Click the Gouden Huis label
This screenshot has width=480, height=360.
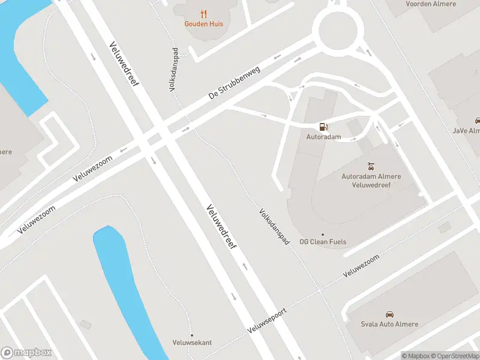203,24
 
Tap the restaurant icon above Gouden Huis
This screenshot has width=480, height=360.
203,13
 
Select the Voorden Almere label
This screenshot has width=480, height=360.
431,4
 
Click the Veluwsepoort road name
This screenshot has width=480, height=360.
268,322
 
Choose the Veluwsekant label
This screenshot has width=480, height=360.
192,343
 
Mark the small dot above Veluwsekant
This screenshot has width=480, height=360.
192,335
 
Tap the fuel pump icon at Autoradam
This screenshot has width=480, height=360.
323,127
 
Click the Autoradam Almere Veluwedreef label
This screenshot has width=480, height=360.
371,181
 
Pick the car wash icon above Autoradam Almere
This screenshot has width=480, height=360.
371,165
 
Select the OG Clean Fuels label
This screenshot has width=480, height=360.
323,242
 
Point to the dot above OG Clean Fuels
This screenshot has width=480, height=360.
323,234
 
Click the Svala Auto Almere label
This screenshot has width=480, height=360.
389,325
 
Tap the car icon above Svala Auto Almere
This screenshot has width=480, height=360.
389,314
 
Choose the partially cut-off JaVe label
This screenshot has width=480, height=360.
467,130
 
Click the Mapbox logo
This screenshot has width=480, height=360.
26,353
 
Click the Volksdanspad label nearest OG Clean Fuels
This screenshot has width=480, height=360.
275,226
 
